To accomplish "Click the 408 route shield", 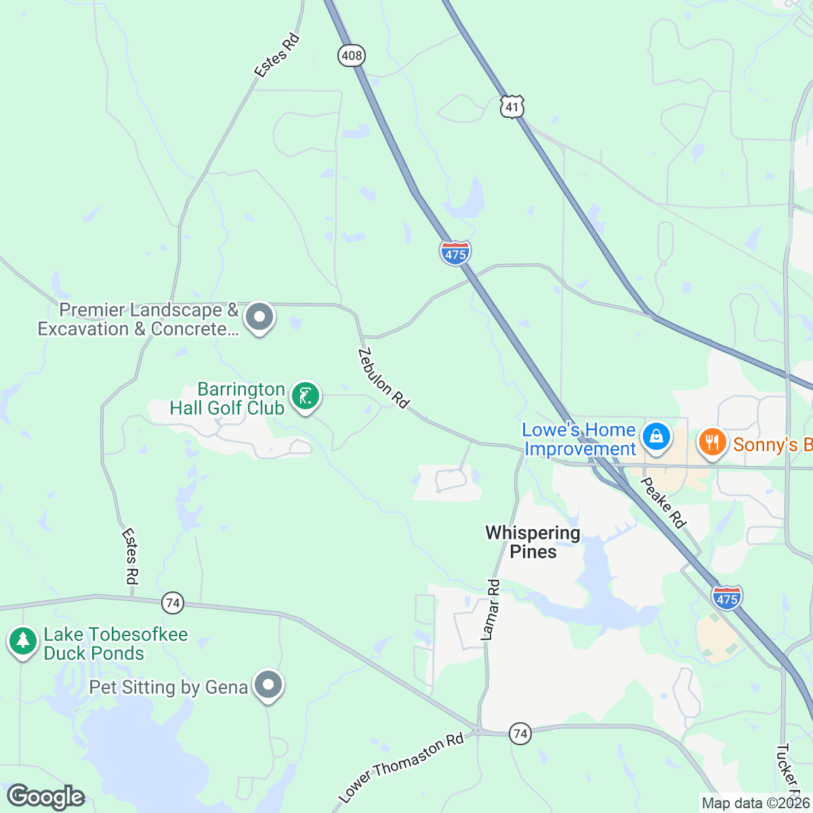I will (352, 56).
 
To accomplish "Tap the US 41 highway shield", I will (513, 106).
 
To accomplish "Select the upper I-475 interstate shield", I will (455, 253).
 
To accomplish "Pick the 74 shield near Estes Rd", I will (173, 603).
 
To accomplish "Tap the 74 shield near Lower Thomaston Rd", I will (520, 734).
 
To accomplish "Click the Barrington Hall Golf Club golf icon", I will (306, 396).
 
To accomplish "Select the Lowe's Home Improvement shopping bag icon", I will (656, 436).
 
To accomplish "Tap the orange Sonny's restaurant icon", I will (711, 442).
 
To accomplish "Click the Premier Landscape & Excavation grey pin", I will (259, 317).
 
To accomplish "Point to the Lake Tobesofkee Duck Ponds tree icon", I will (23, 641).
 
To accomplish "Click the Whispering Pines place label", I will (533, 542).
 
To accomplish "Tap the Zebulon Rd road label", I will (383, 378).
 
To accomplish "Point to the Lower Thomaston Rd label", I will (401, 768).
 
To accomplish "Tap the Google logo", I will (45, 797).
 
